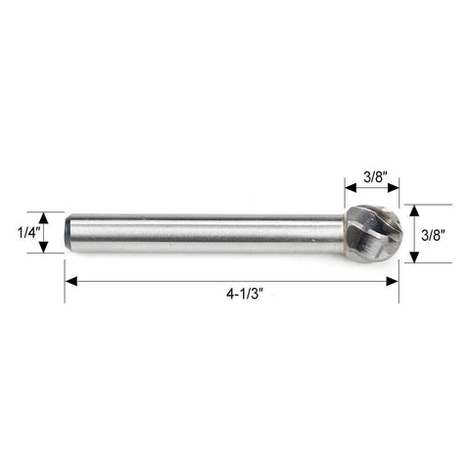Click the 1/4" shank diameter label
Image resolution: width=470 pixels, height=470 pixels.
28,233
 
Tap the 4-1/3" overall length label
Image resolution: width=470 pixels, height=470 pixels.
245,294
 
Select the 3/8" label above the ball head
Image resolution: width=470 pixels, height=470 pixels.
375,177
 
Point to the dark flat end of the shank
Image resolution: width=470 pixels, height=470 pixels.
67,233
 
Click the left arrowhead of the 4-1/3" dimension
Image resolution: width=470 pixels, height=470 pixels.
71,281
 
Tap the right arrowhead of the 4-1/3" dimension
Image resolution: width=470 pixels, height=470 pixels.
392,281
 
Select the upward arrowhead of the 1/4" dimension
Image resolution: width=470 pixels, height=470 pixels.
43,218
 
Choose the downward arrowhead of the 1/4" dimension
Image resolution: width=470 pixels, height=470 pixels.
43,247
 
